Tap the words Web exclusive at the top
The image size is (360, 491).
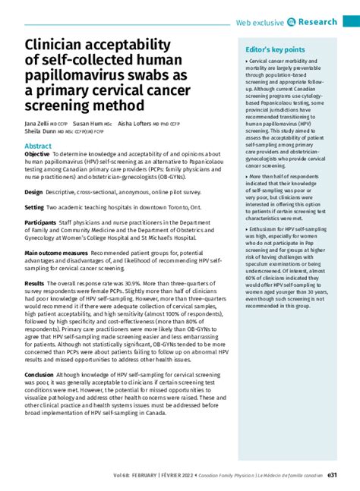coord(260,23)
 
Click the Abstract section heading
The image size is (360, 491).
coord(38,145)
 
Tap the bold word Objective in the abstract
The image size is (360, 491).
coord(37,153)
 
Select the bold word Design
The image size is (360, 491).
coord(33,192)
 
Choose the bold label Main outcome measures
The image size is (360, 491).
coord(56,253)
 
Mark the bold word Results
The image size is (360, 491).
coord(35,283)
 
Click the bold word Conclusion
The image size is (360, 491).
coord(39,374)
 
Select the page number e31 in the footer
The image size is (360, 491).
coord(332,476)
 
